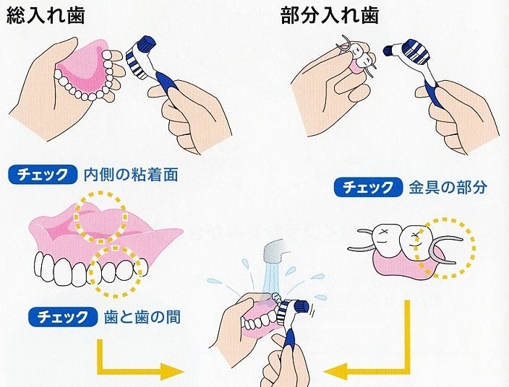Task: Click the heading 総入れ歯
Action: [46, 15]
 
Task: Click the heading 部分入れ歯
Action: [330, 15]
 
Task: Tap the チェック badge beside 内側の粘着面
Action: [43, 175]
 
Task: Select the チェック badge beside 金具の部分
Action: [368, 187]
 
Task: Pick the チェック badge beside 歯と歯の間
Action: [63, 316]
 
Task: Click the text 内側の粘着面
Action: [131, 175]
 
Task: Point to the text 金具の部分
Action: [448, 187]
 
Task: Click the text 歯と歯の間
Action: [142, 317]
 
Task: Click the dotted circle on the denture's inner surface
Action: [100, 217]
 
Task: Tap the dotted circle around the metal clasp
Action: [444, 248]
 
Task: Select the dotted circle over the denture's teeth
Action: [115, 271]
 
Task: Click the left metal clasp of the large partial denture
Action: [362, 240]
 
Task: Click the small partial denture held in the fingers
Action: [357, 58]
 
